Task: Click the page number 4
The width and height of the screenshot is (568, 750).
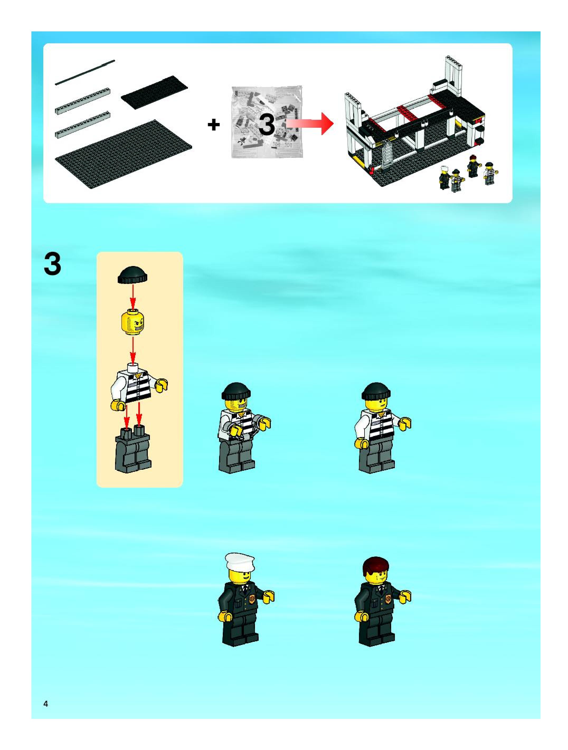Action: (x=45, y=704)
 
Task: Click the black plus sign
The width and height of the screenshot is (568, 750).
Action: (x=214, y=125)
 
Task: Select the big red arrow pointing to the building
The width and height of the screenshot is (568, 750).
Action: (x=309, y=124)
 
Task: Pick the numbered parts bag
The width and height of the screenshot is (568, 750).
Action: (x=267, y=122)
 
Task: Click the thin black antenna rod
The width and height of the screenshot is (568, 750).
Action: (x=85, y=72)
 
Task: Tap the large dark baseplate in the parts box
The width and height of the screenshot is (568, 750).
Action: (x=124, y=154)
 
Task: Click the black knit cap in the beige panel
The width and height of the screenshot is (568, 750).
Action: (x=132, y=275)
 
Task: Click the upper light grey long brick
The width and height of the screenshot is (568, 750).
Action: (x=82, y=100)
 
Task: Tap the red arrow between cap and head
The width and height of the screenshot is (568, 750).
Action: (x=133, y=296)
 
